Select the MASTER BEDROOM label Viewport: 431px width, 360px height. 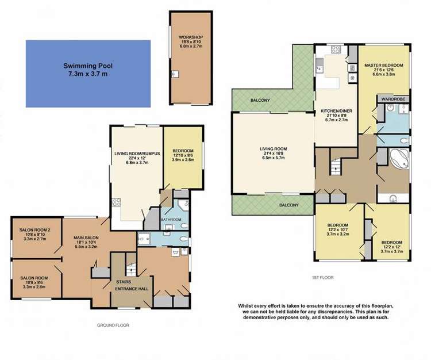(384, 66)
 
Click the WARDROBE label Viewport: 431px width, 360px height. (391, 99)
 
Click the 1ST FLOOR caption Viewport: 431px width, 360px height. (323, 278)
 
